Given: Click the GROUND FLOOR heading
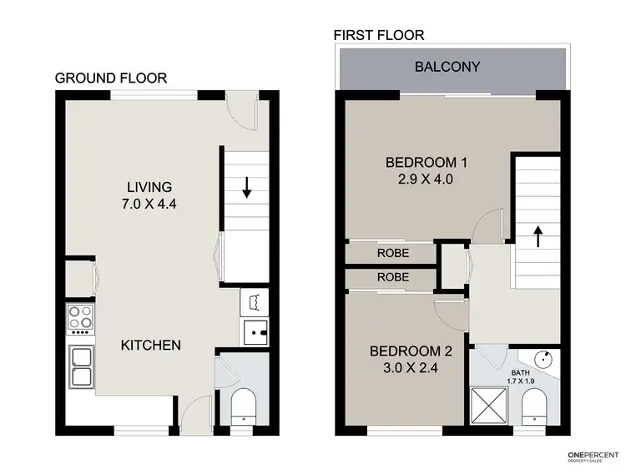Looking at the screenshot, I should point(111,78).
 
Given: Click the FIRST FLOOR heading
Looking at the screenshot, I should point(380,35).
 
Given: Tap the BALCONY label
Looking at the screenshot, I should point(447,67).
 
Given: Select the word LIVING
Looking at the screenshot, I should point(149,187).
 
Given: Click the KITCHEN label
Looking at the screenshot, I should point(150,345).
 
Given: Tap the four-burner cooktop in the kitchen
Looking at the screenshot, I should point(80,318).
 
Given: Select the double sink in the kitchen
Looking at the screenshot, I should point(80,367).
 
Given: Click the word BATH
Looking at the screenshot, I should point(521,374).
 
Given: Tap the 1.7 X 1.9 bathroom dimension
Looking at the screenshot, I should point(521,382).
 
